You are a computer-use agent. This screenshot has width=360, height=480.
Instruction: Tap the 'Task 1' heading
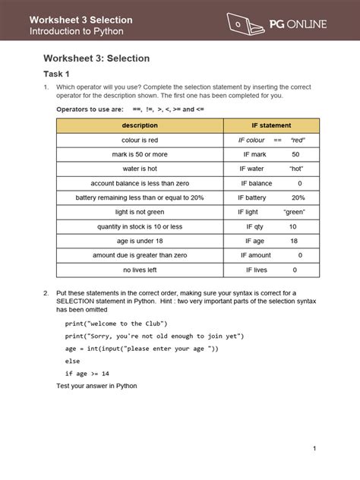(x=56, y=74)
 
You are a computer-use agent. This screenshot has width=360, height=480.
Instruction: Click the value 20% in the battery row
(x=298, y=197)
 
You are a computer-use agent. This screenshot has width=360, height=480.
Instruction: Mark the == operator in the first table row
(x=278, y=141)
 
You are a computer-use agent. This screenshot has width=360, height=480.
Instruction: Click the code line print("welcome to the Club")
(x=114, y=323)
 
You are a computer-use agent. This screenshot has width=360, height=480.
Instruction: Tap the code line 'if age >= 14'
(x=87, y=374)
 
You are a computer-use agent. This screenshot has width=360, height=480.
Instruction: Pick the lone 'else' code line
(x=73, y=361)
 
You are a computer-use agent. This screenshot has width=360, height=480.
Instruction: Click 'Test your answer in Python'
(x=96, y=386)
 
